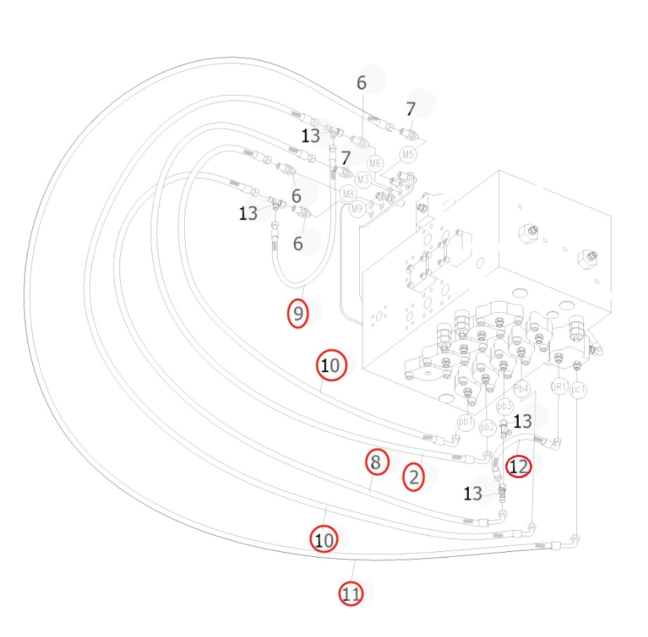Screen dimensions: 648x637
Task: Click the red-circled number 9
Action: (x=297, y=314)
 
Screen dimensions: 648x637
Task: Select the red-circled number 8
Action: (x=377, y=462)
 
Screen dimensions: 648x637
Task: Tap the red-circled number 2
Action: (x=413, y=477)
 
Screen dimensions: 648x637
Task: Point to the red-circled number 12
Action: (x=519, y=466)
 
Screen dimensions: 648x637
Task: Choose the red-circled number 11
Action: (x=351, y=594)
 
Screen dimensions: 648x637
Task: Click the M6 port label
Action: (x=375, y=163)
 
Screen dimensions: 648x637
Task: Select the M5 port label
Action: (x=408, y=155)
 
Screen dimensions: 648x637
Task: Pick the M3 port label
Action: (x=363, y=180)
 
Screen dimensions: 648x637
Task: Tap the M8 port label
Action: (x=349, y=193)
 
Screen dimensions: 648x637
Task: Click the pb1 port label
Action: (x=466, y=422)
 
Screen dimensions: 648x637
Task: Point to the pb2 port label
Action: (x=487, y=427)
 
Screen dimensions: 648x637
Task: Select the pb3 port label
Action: (x=504, y=406)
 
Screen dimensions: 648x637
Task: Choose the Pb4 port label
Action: (x=521, y=389)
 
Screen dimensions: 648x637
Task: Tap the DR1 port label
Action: (x=559, y=387)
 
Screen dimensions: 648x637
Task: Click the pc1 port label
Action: (x=578, y=390)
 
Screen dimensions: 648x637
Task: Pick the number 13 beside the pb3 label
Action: (x=522, y=421)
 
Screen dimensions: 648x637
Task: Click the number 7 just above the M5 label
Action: (x=410, y=109)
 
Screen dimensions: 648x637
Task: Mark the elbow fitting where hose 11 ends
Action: (x=574, y=541)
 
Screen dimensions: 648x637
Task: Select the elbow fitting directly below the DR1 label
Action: (x=555, y=444)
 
